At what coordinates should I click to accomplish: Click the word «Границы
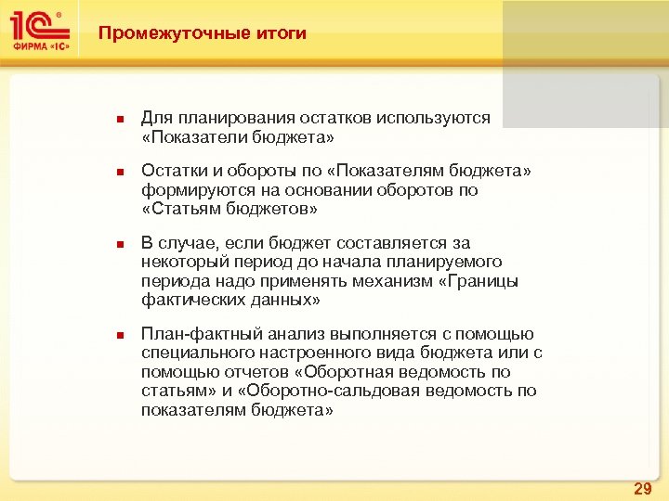478,280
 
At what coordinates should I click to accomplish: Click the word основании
337,190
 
